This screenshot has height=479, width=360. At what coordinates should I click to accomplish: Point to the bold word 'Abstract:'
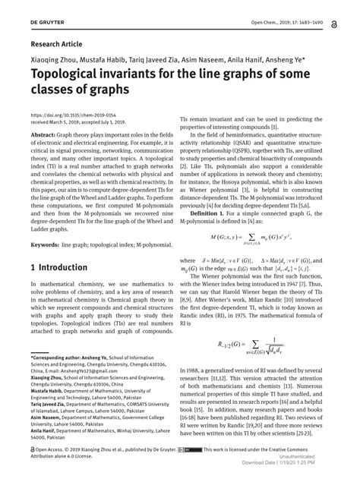tap(45, 134)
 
